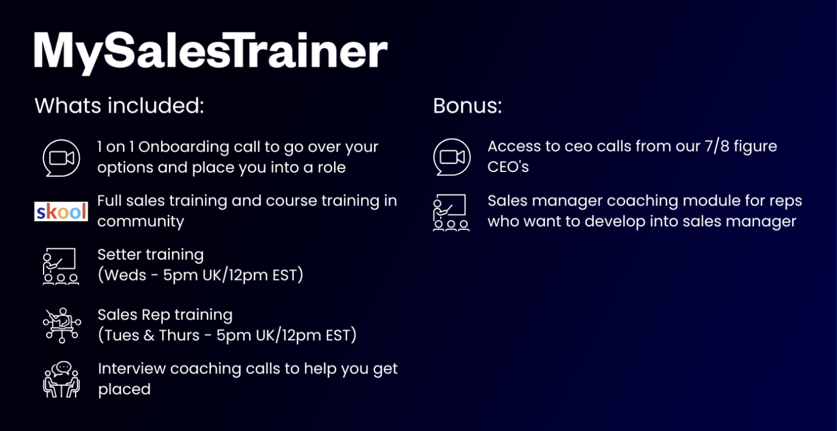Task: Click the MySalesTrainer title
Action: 211,53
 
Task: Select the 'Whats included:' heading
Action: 119,105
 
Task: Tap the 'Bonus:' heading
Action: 467,105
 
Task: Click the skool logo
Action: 61,211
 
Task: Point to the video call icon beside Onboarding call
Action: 61,158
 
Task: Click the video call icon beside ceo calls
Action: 452,157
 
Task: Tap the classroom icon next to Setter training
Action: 60,266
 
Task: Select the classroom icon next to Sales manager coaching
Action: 451,212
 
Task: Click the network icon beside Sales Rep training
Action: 62,325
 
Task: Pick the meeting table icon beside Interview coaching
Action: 61,379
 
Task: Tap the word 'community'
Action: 141,222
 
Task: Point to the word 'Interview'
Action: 132,369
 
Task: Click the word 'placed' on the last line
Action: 124,390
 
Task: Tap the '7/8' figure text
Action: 717,146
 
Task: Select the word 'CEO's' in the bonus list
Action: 508,167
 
